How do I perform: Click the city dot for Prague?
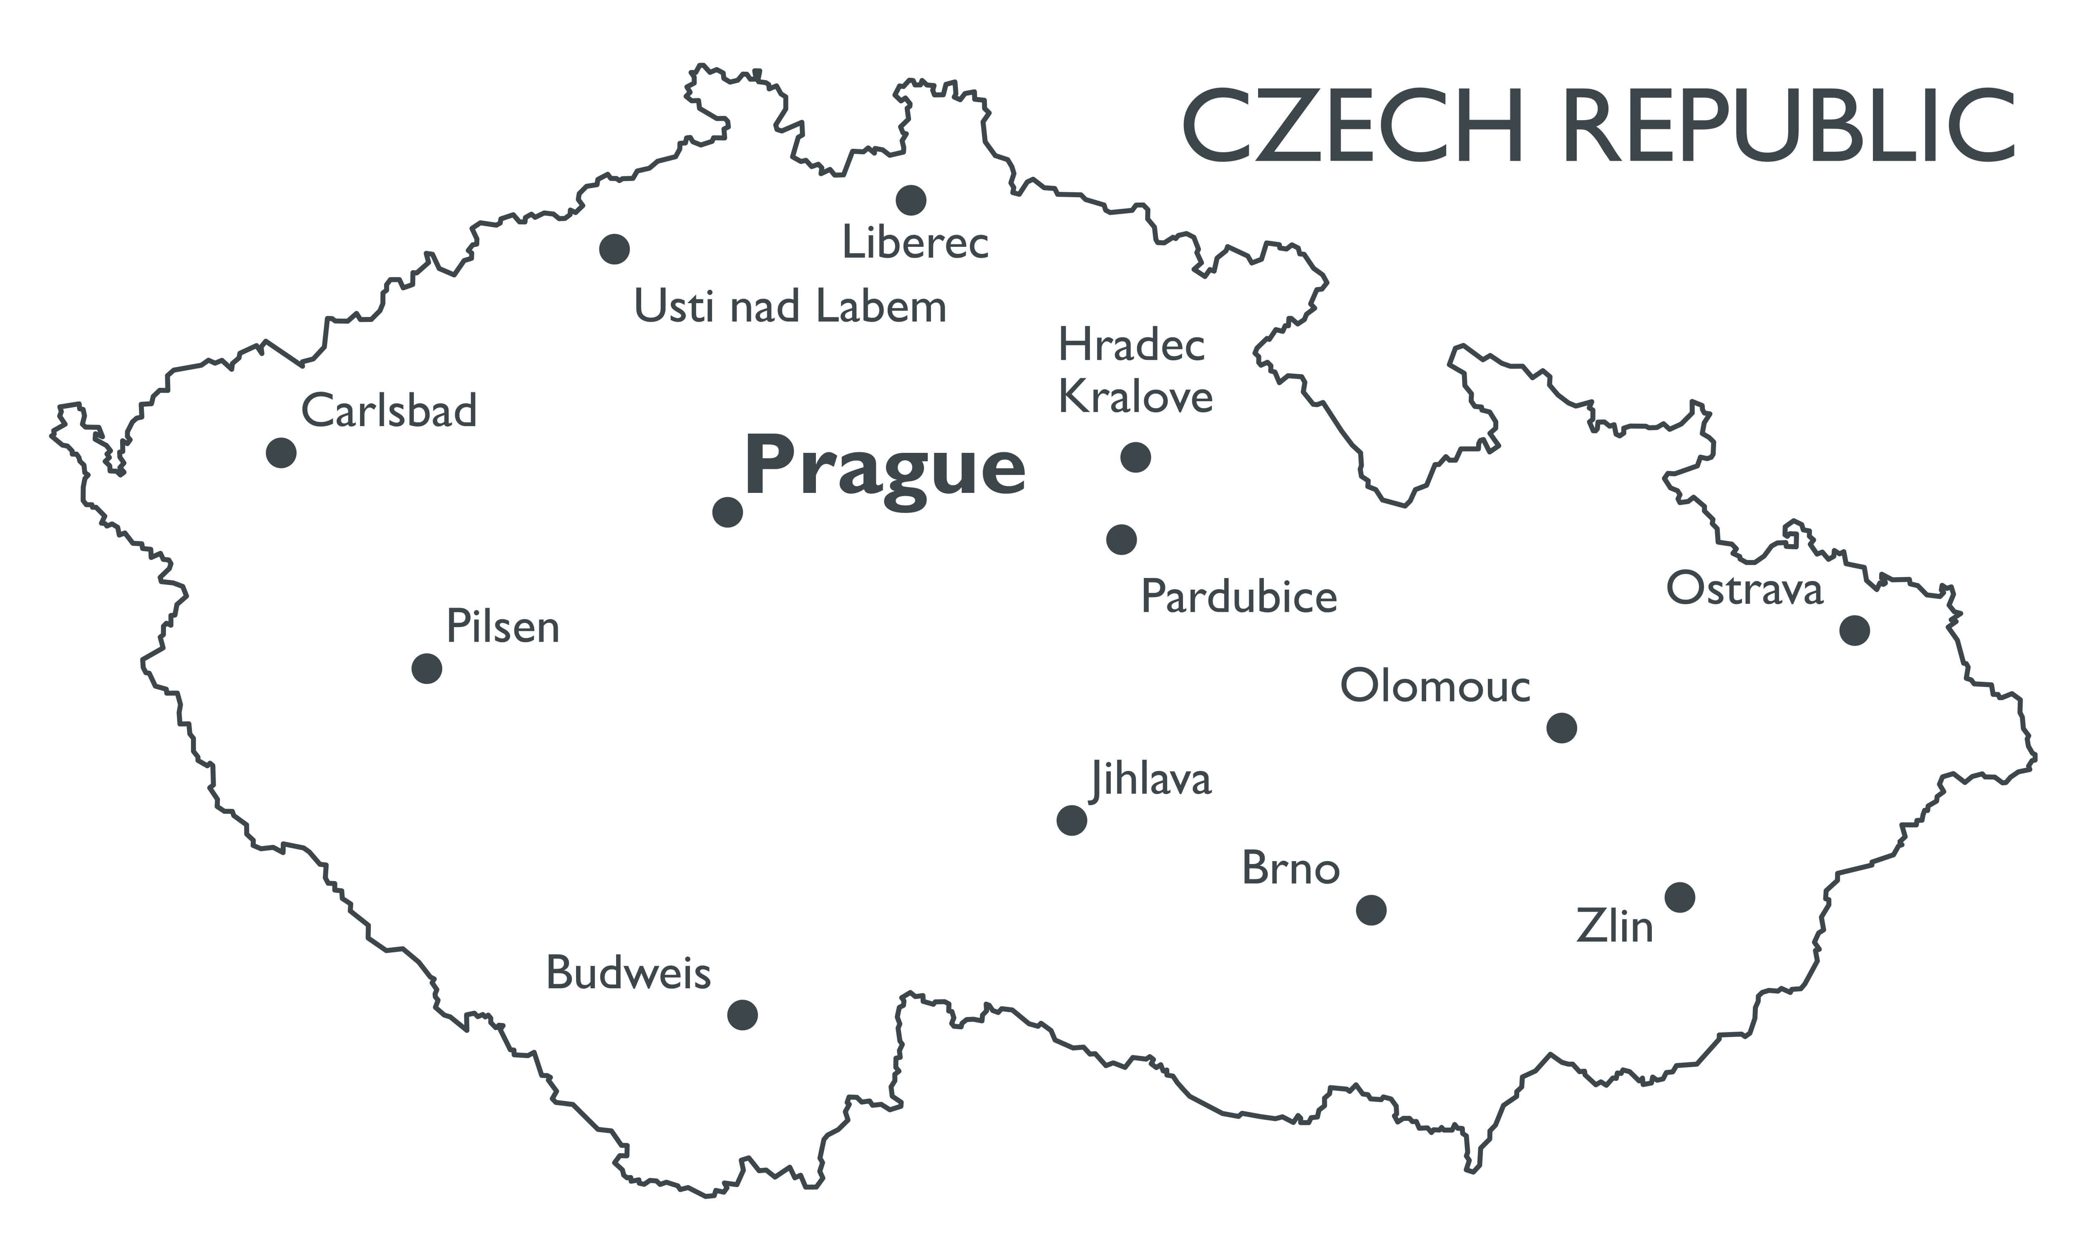pyautogui.click(x=727, y=512)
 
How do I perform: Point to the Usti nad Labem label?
pyautogui.click(x=790, y=307)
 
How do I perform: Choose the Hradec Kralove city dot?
pyautogui.click(x=1135, y=457)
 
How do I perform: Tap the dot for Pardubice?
pyautogui.click(x=1121, y=539)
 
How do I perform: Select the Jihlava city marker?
pyautogui.click(x=1072, y=819)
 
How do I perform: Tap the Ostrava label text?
pyautogui.click(x=1744, y=589)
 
